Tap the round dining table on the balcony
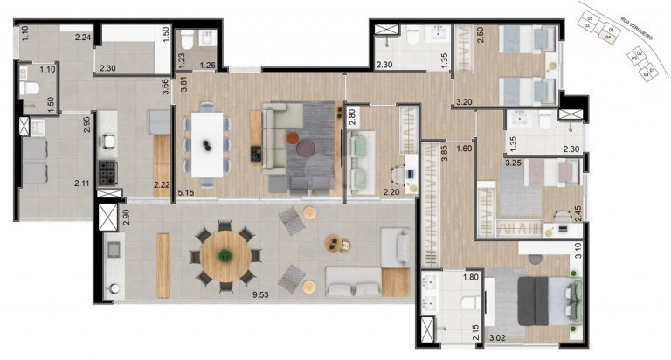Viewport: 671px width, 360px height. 225,255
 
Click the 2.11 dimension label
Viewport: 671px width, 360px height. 82,183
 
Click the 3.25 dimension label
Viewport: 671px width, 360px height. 513,163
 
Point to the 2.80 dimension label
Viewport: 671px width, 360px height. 352,117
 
